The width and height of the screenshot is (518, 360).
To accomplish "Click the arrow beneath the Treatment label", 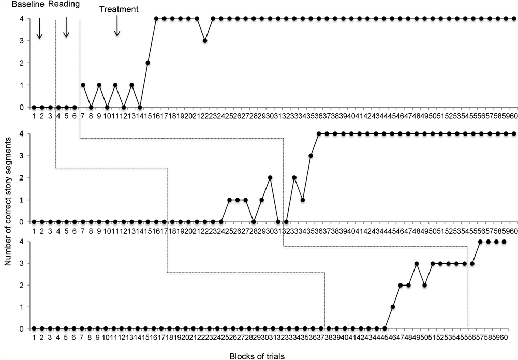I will (x=117, y=25).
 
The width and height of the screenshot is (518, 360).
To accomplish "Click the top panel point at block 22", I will (x=205, y=40).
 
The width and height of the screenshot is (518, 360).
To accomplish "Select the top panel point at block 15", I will (x=148, y=63).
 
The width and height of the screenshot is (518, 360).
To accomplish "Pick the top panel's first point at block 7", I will (x=83, y=85).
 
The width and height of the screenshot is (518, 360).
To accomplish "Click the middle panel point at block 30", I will (x=270, y=177).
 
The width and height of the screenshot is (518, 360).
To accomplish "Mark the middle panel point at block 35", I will (x=311, y=155).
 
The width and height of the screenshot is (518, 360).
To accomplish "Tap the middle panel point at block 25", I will (x=229, y=200).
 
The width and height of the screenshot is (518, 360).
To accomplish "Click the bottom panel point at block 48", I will (x=417, y=264).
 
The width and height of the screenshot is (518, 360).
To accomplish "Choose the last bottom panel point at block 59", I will (x=504, y=242).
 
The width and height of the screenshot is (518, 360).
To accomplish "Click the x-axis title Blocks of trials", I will (x=257, y=355).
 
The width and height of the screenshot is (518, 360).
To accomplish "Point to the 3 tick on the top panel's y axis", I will (x=21, y=40).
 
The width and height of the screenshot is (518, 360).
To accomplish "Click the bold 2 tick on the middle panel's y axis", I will (x=21, y=177).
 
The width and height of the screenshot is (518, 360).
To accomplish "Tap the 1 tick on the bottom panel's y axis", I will (x=21, y=307).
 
